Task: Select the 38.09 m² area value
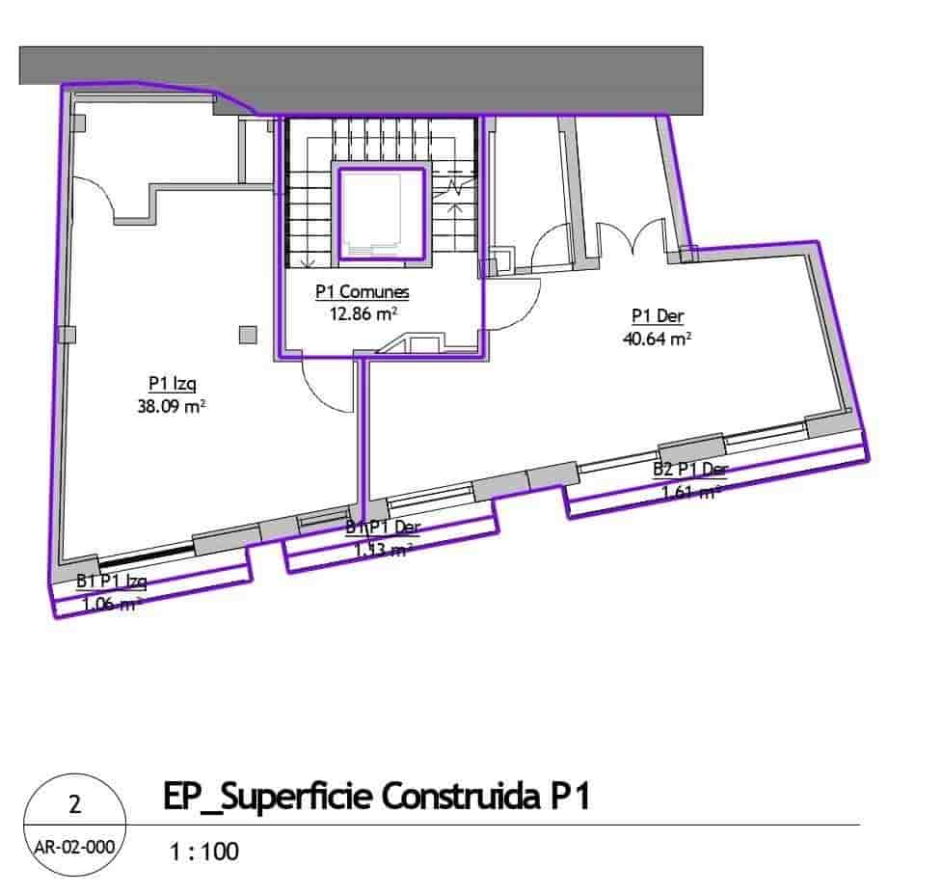pos(172,406)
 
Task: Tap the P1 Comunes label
pos(362,291)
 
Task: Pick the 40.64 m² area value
pos(658,338)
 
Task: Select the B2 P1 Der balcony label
pos(690,470)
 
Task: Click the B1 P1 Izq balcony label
pos(111,582)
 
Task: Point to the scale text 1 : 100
pos(203,852)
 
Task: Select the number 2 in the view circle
pos(74,804)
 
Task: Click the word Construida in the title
pos(464,799)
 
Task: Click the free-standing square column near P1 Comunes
pos(248,335)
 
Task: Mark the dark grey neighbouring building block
pos(386,77)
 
